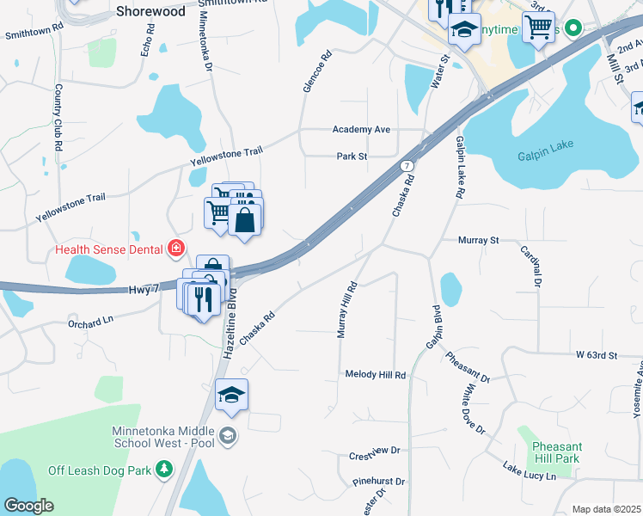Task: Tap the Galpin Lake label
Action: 545,156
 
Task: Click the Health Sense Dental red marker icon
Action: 176,249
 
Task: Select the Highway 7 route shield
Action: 407,164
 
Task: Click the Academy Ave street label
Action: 362,129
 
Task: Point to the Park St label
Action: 352,157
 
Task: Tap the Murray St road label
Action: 478,240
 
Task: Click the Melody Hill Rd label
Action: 375,375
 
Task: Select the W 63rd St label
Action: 597,354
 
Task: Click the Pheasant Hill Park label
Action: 556,452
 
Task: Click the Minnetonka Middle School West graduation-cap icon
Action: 229,435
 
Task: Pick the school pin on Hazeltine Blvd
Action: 231,395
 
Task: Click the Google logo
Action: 28,506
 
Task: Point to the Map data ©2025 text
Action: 606,509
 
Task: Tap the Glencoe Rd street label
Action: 316,71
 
